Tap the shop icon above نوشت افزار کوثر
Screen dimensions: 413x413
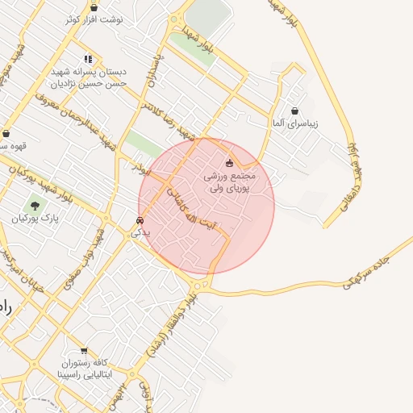click(94, 7)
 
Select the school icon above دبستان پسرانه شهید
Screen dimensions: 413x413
click(88, 59)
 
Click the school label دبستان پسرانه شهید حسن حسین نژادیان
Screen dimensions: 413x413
click(88, 77)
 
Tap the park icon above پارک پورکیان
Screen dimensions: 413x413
click(34, 205)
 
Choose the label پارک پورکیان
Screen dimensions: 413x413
click(34, 219)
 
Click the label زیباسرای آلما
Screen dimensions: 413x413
click(294, 124)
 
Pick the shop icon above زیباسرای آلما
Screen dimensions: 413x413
click(294, 111)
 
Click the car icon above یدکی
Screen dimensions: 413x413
click(140, 219)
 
